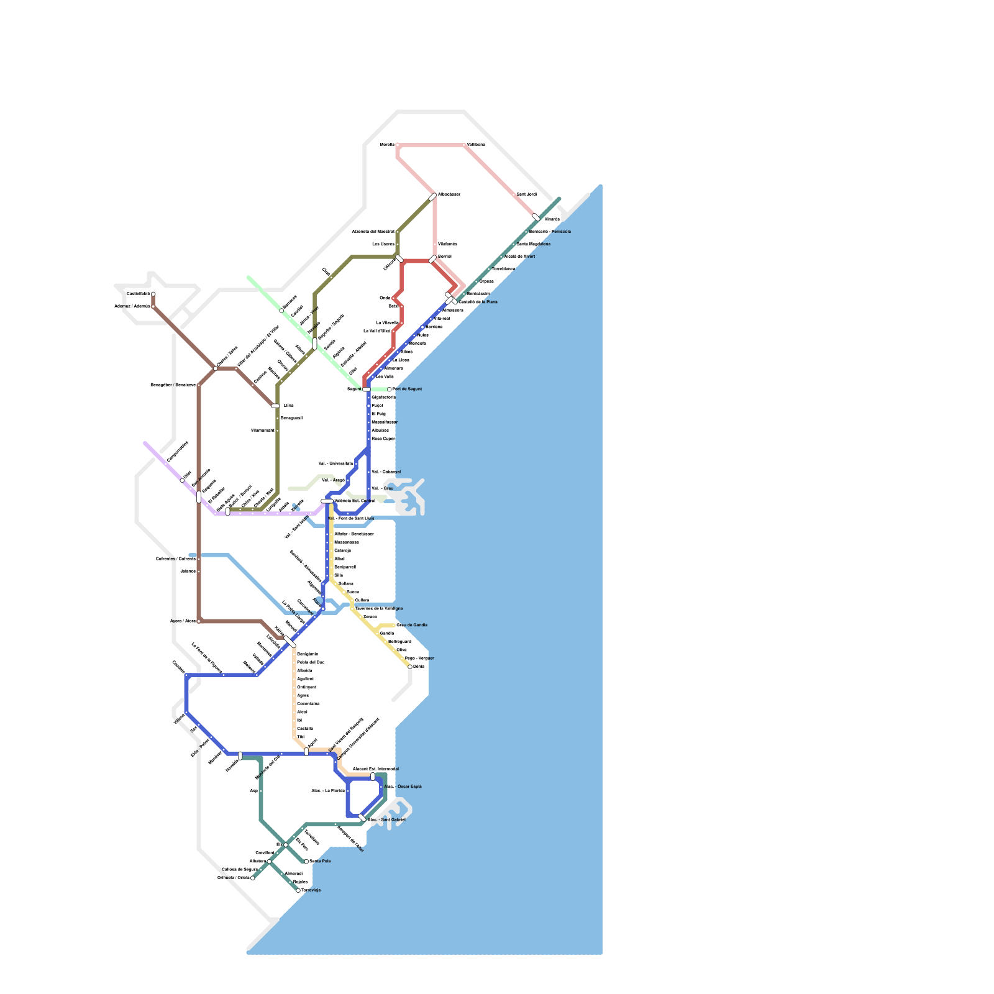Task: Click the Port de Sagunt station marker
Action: coord(390,390)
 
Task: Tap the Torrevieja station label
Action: coord(311,890)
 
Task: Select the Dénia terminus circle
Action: coord(410,667)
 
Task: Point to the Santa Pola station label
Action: coord(320,861)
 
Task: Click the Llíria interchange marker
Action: coord(276,406)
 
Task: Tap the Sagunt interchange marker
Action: coord(367,390)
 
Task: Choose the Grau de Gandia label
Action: coord(412,625)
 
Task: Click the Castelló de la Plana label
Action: coord(478,302)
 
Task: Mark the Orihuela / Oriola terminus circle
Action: coord(252,878)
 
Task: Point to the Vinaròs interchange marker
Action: coord(536,217)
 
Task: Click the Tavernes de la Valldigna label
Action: coord(378,608)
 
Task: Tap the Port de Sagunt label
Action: coord(408,389)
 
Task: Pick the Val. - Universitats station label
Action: coord(335,463)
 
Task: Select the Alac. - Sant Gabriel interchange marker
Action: coord(362,818)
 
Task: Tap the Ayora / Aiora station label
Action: coord(183,621)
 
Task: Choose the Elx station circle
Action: coord(286,845)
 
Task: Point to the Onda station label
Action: coord(385,298)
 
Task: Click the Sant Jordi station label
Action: coord(526,194)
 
